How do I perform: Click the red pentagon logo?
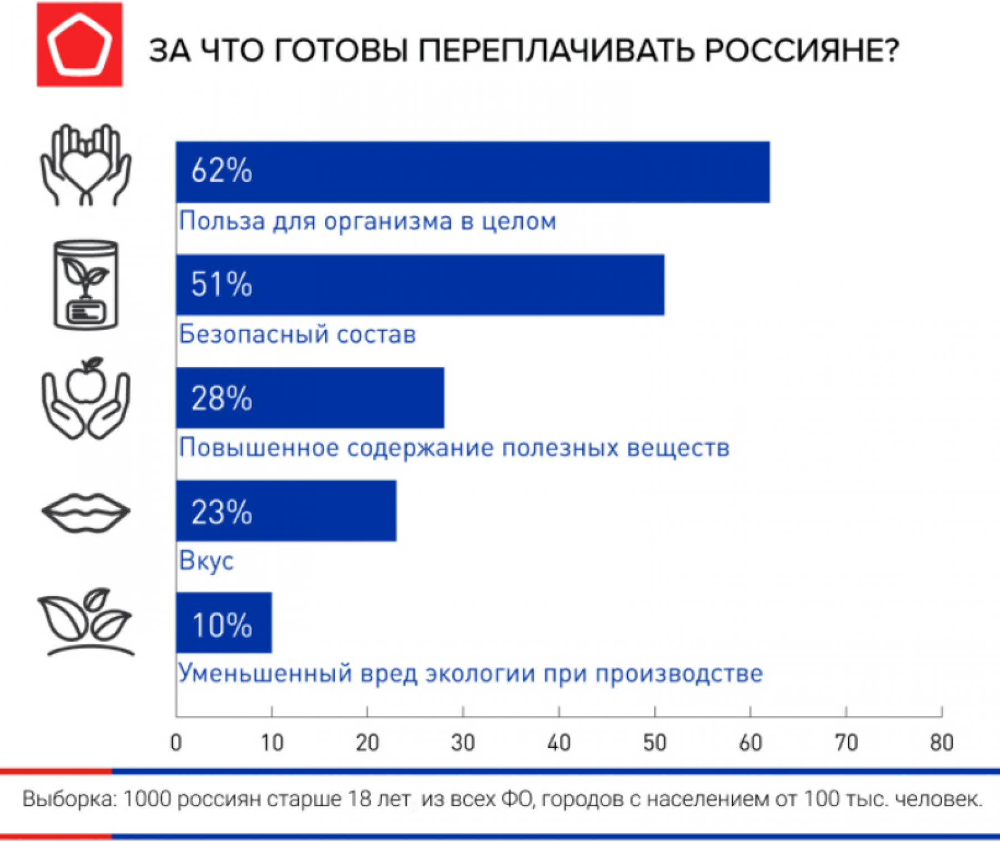pos(79,44)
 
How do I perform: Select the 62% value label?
pos(221,171)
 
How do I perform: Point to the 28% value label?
pos(221,398)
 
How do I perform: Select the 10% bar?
pos(223,623)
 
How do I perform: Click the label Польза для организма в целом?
pos(367,221)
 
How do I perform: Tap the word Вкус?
pos(206,560)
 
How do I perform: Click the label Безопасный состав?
pos(297,335)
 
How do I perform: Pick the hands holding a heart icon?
pos(86,165)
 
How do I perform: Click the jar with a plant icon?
pos(86,285)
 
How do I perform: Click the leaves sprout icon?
pos(86,622)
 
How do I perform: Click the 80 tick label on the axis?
pos(941,743)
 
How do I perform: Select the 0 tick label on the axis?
pos(176,743)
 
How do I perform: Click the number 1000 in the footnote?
pos(147,799)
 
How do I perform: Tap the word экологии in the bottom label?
pos(480,674)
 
